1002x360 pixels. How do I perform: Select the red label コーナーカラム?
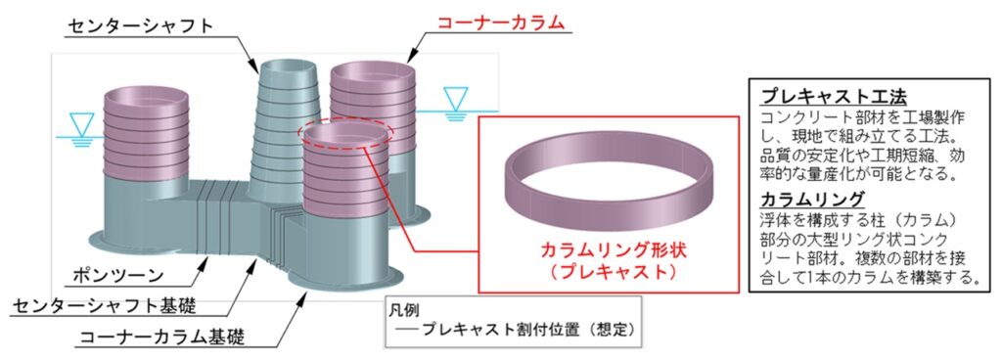(x=501, y=22)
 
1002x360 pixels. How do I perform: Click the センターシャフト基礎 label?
(x=104, y=306)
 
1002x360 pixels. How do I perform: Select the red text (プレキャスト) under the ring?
(x=605, y=272)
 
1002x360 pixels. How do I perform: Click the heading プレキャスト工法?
(x=834, y=97)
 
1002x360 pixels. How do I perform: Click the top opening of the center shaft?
(x=286, y=66)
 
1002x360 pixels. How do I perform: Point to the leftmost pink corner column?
(x=147, y=133)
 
